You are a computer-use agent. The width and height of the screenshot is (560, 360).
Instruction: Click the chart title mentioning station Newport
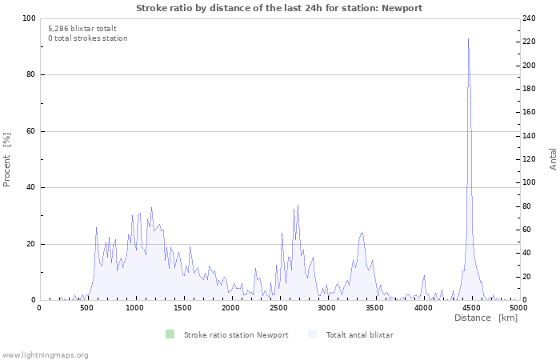(x=279, y=8)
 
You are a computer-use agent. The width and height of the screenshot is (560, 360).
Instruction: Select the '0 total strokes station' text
(x=88, y=38)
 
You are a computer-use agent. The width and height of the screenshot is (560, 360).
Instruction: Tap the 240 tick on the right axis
(x=530, y=18)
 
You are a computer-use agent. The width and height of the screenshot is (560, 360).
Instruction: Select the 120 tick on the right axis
(x=530, y=159)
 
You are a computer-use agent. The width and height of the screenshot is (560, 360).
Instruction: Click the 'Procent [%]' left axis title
(x=7, y=159)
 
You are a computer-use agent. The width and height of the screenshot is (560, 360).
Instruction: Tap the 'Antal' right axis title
(x=553, y=158)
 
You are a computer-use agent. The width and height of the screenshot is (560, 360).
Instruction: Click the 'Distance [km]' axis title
(x=486, y=318)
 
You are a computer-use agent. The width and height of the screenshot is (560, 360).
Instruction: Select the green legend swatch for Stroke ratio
(x=170, y=334)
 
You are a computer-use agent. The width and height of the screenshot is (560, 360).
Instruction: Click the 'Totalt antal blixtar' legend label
(x=359, y=334)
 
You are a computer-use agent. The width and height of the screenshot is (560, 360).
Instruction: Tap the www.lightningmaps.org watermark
(x=45, y=354)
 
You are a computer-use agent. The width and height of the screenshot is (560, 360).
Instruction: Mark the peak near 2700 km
(x=298, y=206)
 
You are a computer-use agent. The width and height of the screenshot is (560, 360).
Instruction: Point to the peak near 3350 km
(x=362, y=234)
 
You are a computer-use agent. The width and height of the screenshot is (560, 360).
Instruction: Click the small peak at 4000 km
(x=424, y=276)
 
